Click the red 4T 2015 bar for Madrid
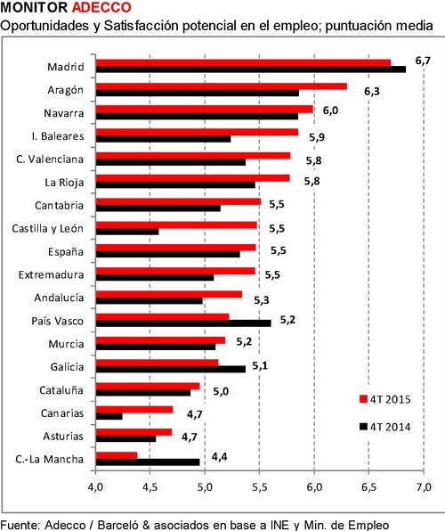pos(243,62)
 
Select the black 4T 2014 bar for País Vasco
pos(183,323)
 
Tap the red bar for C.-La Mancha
pos(117,455)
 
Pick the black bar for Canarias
pos(109,416)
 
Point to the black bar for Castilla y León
pos(127,232)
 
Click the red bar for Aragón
pos(222,86)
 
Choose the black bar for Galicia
pos(171,370)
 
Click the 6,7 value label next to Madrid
pos(423,61)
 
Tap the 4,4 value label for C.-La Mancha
pos(220,457)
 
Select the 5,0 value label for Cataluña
pos(221,392)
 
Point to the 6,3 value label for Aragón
pos(372,92)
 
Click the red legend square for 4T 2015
pos(363,399)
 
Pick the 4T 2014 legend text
pos(390,427)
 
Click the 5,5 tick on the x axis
pos(260,487)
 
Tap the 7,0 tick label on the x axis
pos(424,487)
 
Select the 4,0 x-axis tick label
pos(95,487)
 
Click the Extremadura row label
pos(51,274)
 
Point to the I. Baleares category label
pos(58,136)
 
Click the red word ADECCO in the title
pos(101,7)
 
